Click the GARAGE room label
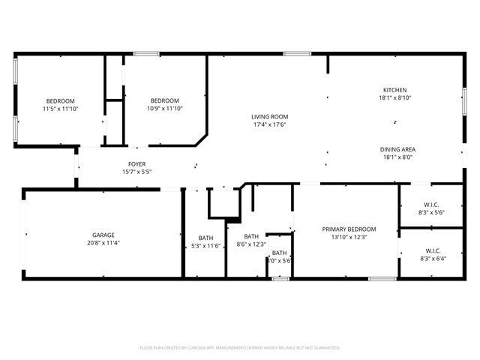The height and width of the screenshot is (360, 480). click(103, 235)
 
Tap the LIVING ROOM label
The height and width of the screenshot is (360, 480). click(269, 116)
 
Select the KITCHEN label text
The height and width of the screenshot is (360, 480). click(394, 90)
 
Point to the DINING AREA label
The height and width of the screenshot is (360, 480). click(398, 149)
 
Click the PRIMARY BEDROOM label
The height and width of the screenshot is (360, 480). click(349, 229)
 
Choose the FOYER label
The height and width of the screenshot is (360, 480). click(136, 164)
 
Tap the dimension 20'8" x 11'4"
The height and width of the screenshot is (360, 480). click(103, 243)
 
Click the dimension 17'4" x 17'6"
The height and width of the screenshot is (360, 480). click(269, 124)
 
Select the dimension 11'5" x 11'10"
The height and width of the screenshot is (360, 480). click(61, 109)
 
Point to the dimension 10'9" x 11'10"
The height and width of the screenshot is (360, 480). click(165, 109)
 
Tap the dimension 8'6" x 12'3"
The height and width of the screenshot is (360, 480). click(251, 244)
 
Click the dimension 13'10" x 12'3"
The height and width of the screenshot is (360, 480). click(349, 237)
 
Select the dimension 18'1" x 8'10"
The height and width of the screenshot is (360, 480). click(394, 98)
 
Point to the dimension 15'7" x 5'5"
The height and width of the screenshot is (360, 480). click(136, 172)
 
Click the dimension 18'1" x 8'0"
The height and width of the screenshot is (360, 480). click(398, 157)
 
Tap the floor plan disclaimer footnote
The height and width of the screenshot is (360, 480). click(240, 348)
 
